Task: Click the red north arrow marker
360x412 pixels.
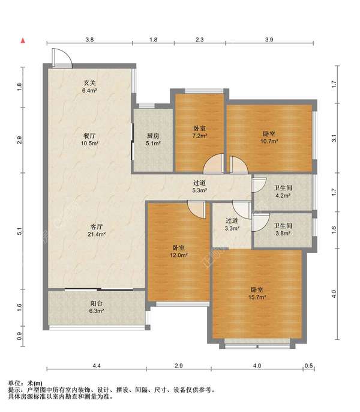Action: pos(23,41)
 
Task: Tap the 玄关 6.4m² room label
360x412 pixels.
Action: pos(89,86)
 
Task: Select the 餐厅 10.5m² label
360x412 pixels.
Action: pos(89,139)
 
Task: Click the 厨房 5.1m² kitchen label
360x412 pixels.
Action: pos(153,139)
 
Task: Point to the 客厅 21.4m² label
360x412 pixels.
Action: pos(97,230)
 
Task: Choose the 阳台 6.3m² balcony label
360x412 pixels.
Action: pos(97,307)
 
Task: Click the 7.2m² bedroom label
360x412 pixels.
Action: pos(200,132)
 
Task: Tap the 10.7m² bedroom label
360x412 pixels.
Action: pos(269,137)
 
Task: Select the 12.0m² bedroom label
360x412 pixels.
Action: pos(179,251)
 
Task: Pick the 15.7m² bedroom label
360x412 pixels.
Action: pos(257,294)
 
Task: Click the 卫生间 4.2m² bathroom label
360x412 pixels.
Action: pos(283,192)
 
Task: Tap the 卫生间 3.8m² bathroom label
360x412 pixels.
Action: pos(283,229)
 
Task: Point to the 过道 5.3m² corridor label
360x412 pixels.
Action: pos(200,186)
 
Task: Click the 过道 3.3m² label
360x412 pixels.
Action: pos(232,225)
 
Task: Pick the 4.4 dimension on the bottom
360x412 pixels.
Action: pos(97,365)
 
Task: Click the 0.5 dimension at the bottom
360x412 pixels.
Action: pos(310,365)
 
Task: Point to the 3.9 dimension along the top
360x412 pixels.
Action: pos(269,40)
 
